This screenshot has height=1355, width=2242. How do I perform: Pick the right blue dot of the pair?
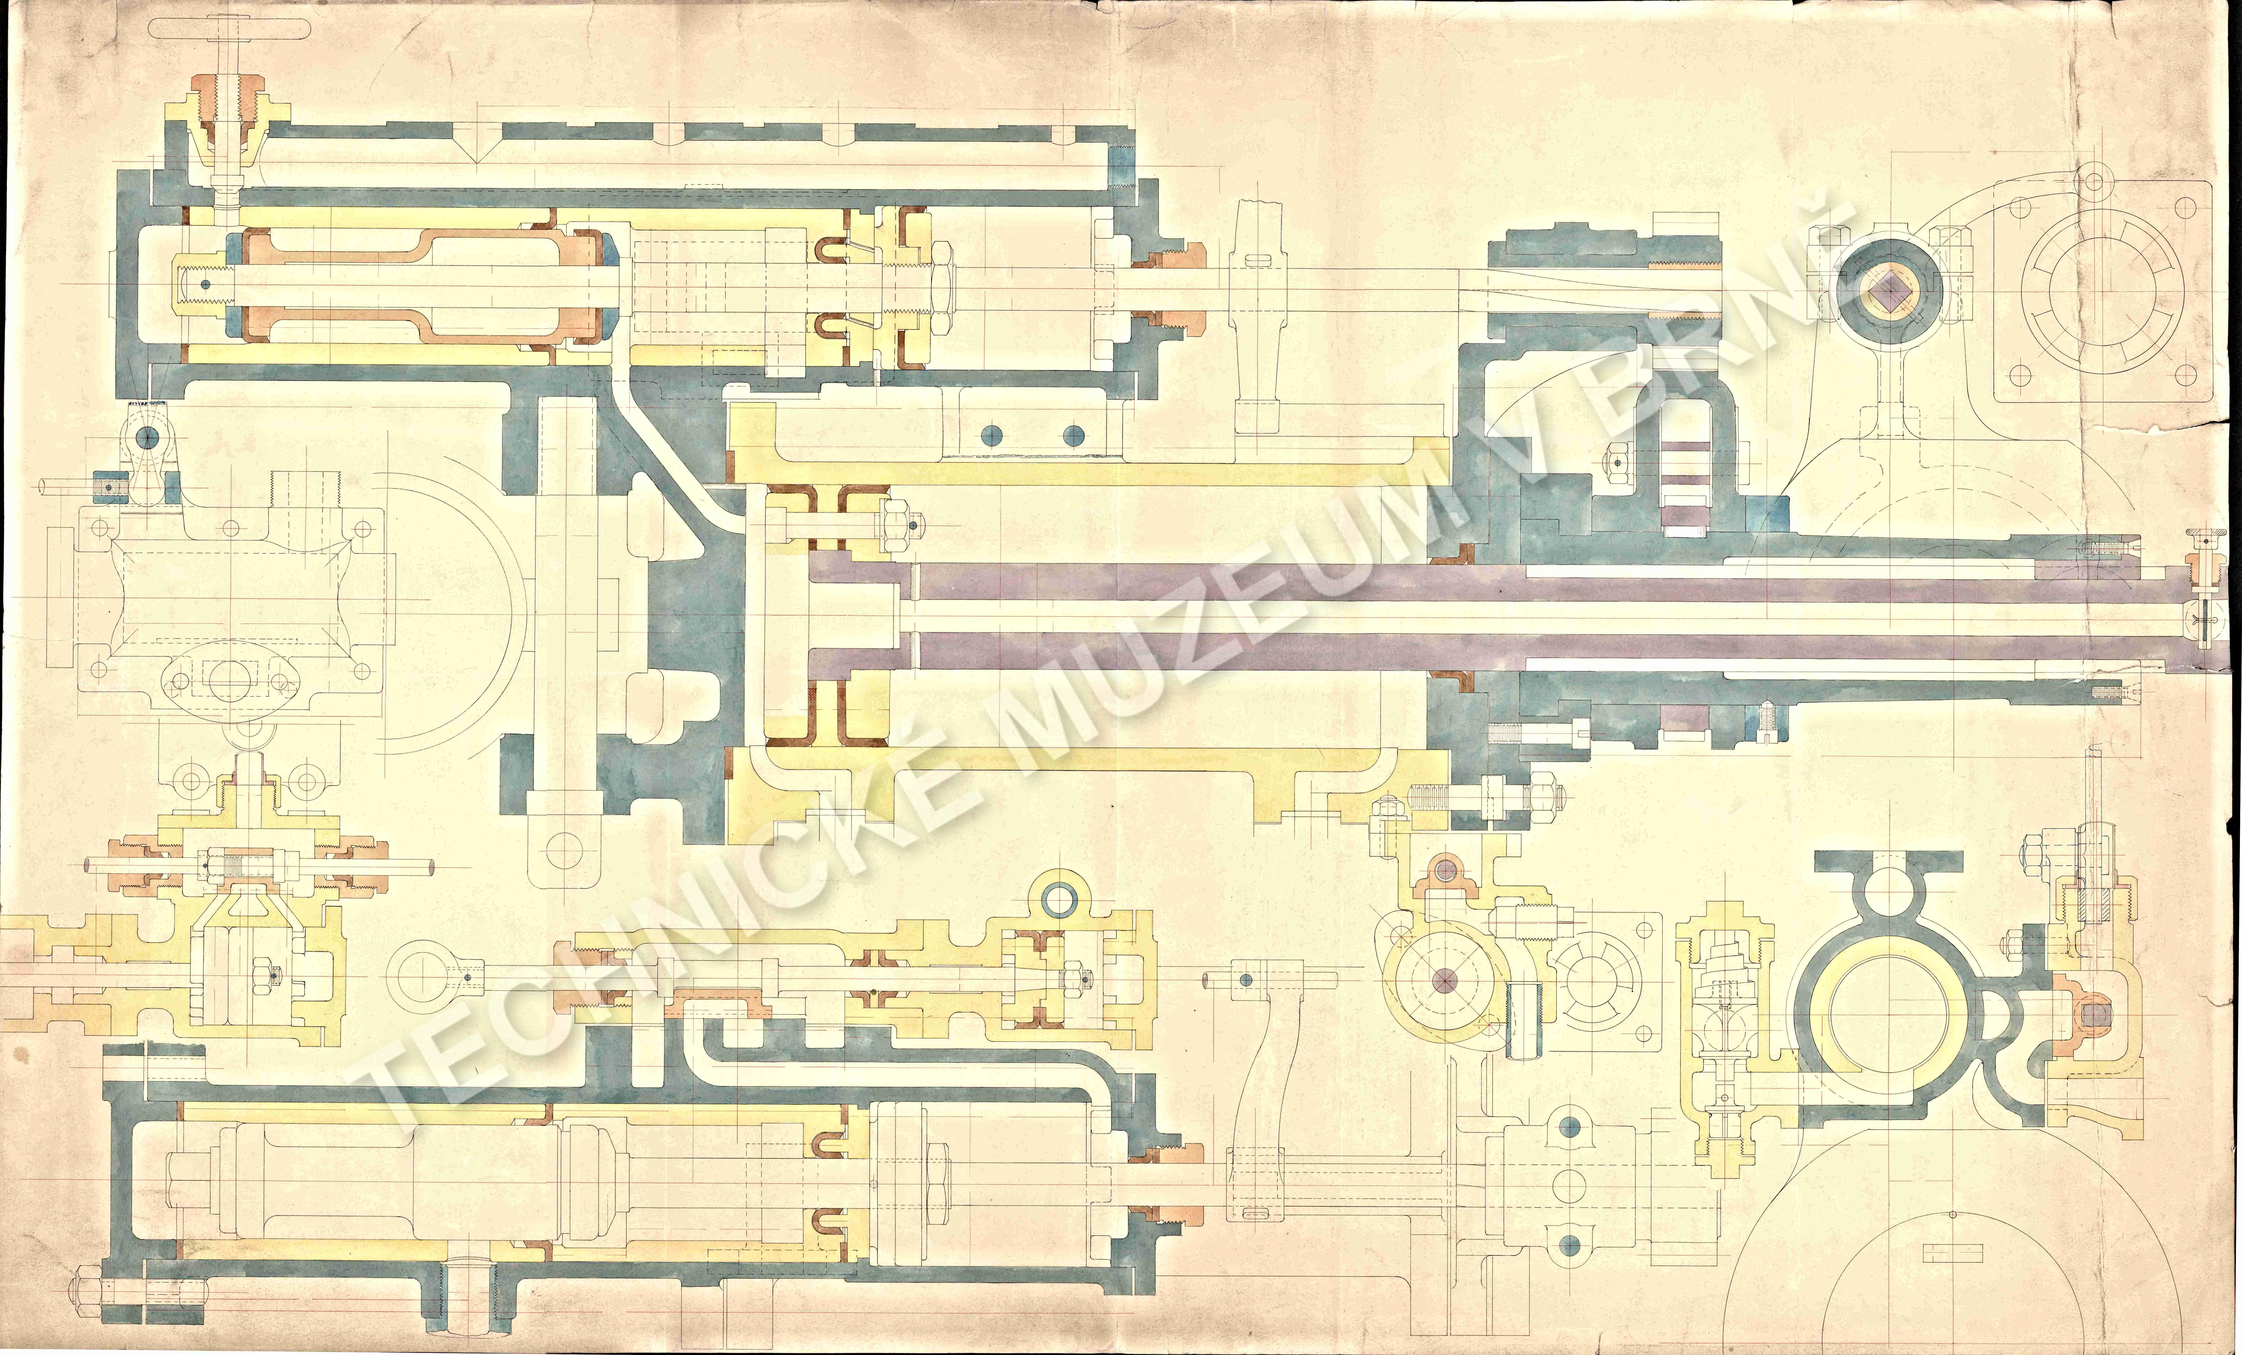point(1075,434)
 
